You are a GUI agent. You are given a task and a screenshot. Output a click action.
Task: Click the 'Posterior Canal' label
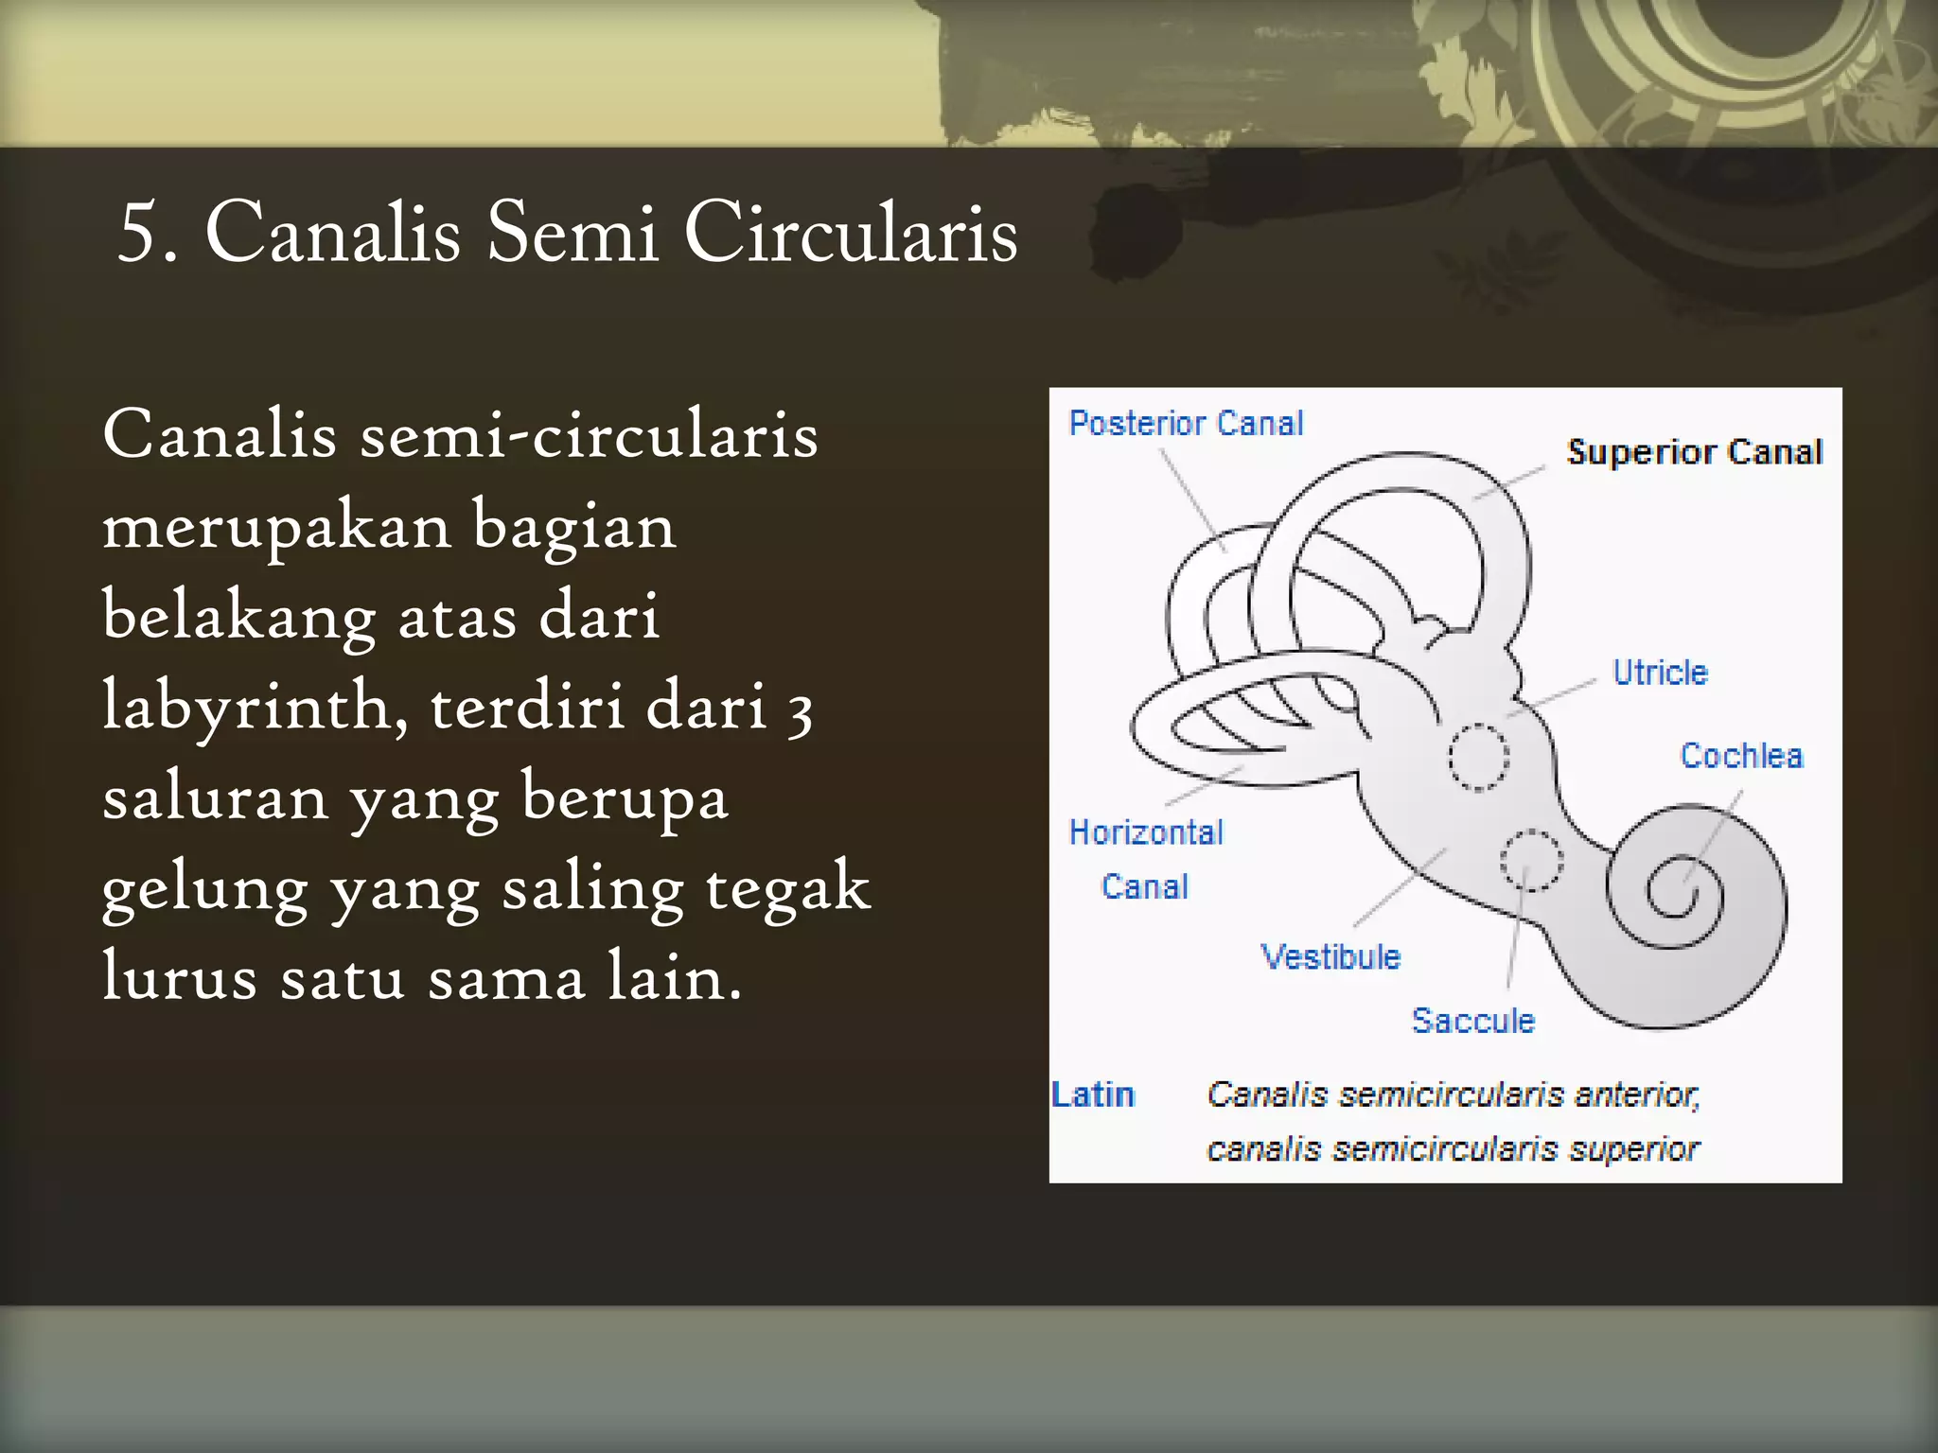tap(1186, 423)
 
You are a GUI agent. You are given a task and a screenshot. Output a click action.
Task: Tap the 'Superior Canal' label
tap(1694, 452)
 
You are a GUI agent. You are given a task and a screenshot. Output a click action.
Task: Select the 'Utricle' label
tap(1660, 673)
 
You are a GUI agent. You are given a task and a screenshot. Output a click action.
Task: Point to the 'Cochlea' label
tap(1741, 756)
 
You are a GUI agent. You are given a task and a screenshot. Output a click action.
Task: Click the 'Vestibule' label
tap(1330, 956)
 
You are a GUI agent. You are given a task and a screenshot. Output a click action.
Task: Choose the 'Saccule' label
tap(1472, 1021)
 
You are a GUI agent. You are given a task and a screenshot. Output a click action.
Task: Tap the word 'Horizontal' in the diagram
tap(1146, 832)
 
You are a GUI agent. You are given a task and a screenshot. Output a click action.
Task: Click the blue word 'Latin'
tap(1093, 1094)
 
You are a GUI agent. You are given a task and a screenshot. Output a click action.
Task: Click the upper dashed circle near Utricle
tap(1479, 757)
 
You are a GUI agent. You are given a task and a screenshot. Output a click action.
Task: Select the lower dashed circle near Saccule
tap(1531, 860)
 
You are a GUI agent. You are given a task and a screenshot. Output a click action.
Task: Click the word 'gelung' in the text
tap(204, 889)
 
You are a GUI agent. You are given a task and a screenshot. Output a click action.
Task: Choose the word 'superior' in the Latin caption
tap(1633, 1149)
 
